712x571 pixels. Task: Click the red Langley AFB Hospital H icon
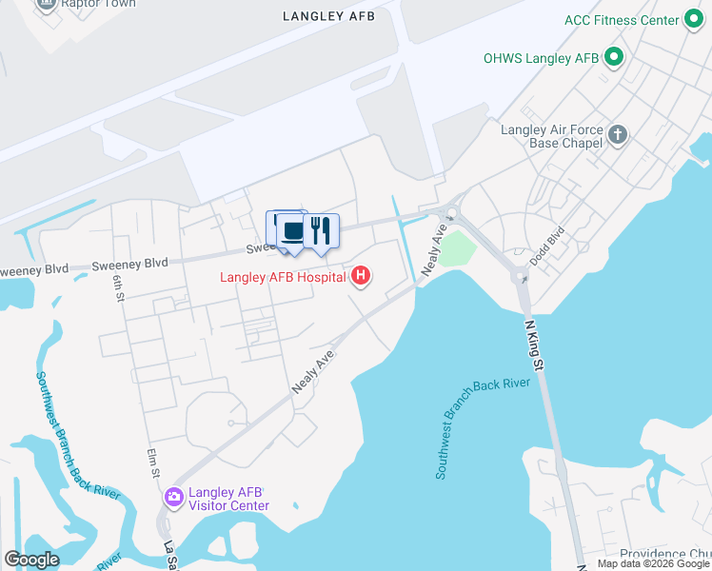[x=361, y=277]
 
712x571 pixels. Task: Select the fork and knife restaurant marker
[x=321, y=230]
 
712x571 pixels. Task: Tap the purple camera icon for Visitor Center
[x=173, y=497]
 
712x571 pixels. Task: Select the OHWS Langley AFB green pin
[x=614, y=58]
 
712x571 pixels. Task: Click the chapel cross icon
[x=619, y=135]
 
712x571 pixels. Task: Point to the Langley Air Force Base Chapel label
[x=552, y=136]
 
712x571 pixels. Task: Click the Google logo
[x=31, y=560]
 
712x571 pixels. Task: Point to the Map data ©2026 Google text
[x=653, y=563]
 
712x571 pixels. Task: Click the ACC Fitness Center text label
[x=623, y=20]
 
